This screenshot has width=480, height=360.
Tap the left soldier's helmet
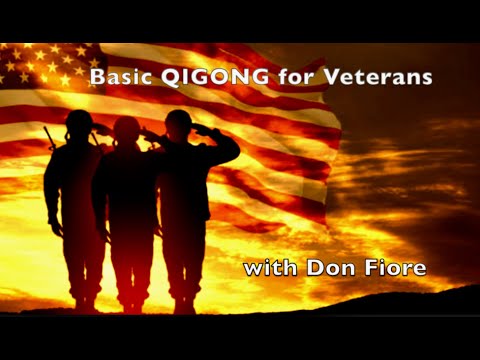[x=78, y=122]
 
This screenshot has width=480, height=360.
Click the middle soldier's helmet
[x=126, y=127]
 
